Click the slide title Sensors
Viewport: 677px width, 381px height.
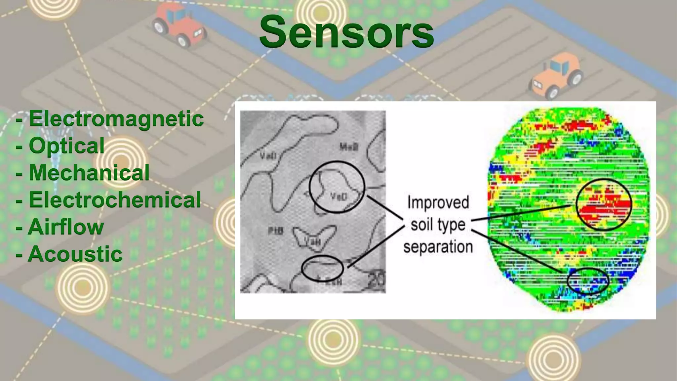pyautogui.click(x=346, y=32)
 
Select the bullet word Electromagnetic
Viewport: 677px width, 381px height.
pyautogui.click(x=116, y=118)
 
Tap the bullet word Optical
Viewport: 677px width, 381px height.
pyautogui.click(x=66, y=146)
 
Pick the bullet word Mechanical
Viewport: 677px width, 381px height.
pyautogui.click(x=89, y=173)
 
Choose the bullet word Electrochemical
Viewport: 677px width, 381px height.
pyautogui.click(x=115, y=200)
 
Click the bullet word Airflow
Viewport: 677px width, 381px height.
pyautogui.click(x=66, y=227)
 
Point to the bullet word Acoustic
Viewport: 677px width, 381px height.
pyautogui.click(x=75, y=254)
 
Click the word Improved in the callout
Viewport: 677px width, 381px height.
pyautogui.click(x=438, y=202)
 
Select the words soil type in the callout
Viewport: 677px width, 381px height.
pyautogui.click(x=438, y=225)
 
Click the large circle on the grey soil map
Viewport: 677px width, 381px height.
pyautogui.click(x=337, y=187)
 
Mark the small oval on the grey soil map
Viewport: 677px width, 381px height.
pyautogui.click(x=323, y=268)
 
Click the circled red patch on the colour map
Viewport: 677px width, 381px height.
pyautogui.click(x=604, y=205)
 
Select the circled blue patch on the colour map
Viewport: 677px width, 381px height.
pyautogui.click(x=588, y=281)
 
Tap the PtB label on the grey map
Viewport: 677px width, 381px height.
pyautogui.click(x=275, y=231)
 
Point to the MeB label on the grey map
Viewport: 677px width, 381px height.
pyautogui.click(x=349, y=147)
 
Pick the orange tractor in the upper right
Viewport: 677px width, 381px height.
pyautogui.click(x=557, y=76)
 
